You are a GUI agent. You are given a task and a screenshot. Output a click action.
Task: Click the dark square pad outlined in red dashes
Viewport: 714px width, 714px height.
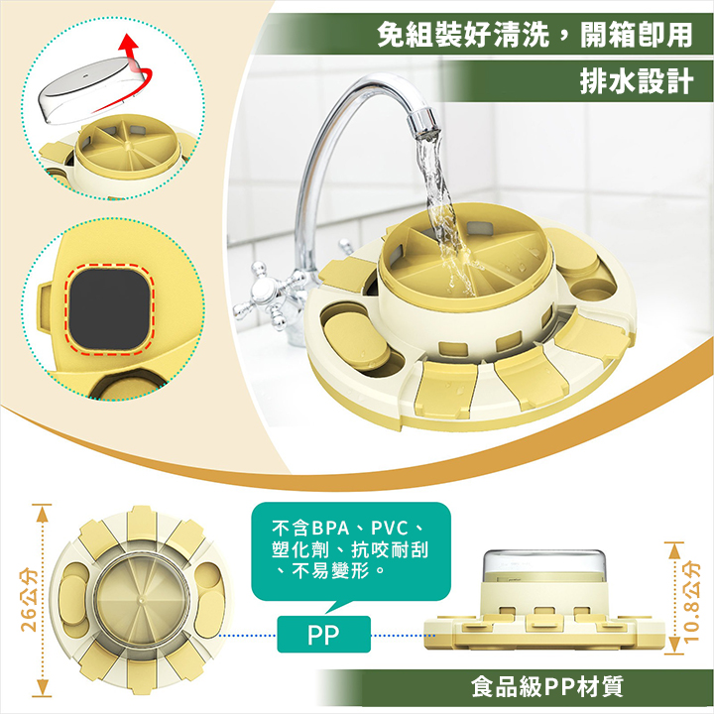click(109, 308)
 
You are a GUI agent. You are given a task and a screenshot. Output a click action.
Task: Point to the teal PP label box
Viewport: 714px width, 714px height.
click(323, 634)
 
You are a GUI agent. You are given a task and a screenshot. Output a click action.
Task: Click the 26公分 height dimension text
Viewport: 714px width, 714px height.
click(29, 600)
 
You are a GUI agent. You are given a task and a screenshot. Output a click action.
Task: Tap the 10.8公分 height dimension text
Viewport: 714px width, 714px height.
click(691, 601)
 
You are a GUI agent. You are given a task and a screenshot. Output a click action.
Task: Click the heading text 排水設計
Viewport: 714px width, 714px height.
click(636, 81)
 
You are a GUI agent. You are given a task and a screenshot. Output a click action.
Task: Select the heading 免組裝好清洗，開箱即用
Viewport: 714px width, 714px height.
click(535, 35)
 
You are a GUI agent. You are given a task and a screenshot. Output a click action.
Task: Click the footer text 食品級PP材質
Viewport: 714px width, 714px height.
click(546, 686)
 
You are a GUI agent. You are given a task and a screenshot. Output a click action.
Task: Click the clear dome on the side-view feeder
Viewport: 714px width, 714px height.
click(544, 566)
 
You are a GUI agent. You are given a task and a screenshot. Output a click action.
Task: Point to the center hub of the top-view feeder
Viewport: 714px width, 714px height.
click(142, 601)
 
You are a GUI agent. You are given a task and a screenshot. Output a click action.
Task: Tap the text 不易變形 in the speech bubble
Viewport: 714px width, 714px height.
click(330, 570)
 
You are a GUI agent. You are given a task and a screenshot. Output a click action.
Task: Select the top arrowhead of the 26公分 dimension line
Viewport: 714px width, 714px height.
click(42, 514)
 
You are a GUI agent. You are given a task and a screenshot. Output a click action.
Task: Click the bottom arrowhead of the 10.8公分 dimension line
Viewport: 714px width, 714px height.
click(674, 646)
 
